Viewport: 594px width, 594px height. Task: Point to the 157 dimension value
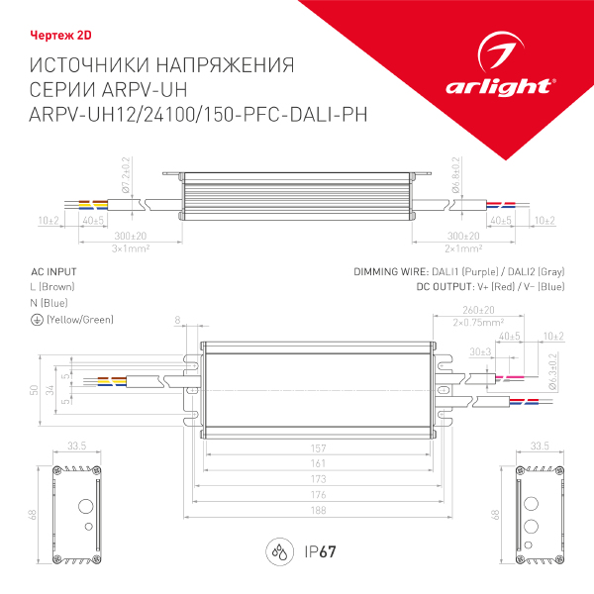click(x=318, y=447)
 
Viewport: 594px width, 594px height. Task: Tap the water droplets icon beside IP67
click(x=279, y=551)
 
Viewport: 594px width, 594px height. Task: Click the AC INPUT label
click(x=53, y=270)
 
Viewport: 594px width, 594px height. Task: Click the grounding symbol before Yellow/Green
click(x=37, y=320)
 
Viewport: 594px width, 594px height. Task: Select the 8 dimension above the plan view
click(x=178, y=320)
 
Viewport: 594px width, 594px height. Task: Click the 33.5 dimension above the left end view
click(x=75, y=445)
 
